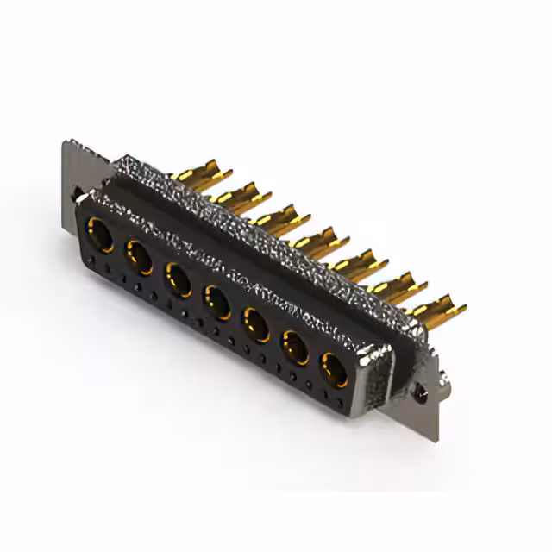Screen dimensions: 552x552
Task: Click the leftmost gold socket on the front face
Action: pyautogui.click(x=100, y=235)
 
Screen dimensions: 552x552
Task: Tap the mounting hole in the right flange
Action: pyautogui.click(x=420, y=393)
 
